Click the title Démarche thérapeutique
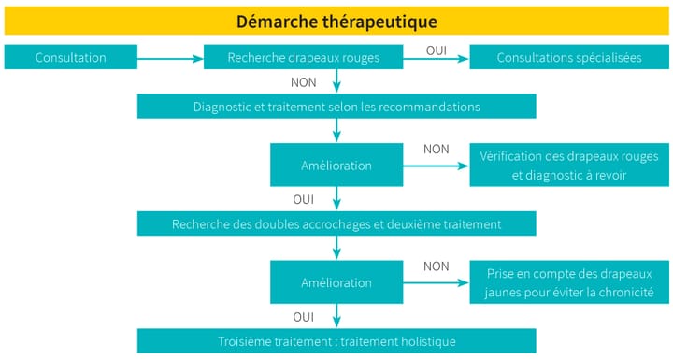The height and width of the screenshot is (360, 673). tap(336, 21)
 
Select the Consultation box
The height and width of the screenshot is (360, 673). tap(70, 57)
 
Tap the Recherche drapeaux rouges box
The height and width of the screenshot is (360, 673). tap(303, 57)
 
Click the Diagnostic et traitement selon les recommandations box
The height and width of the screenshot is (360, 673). tap(336, 107)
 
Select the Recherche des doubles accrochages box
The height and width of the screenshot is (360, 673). tap(336, 224)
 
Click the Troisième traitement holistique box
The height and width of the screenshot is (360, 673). tap(336, 341)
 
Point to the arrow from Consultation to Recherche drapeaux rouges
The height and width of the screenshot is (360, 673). tap(171, 58)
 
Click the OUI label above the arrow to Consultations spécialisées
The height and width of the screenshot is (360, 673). tap(436, 49)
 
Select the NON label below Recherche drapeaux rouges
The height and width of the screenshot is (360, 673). tap(303, 80)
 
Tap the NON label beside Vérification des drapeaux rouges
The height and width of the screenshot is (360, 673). tap(436, 149)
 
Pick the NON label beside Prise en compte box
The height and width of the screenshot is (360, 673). tap(436, 266)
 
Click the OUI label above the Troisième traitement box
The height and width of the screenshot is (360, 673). tap(303, 317)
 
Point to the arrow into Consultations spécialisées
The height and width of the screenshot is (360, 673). tap(436, 58)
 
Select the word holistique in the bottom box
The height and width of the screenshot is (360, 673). tap(426, 341)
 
